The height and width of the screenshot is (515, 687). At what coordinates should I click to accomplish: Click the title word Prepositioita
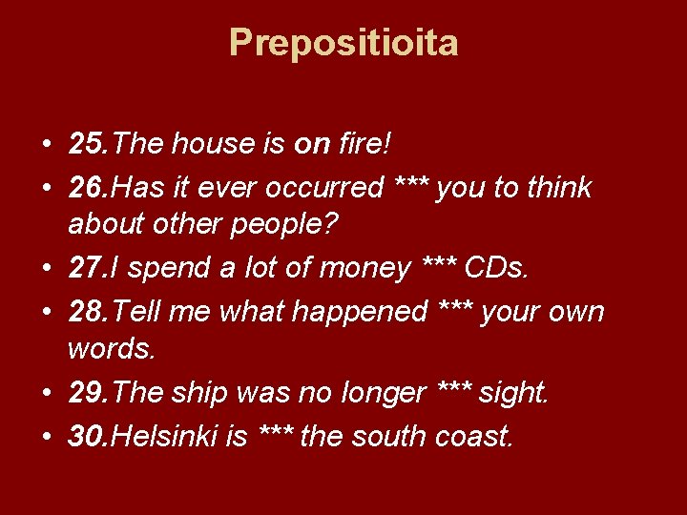(343, 43)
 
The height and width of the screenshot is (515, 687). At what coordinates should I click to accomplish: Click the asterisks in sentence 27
(440, 266)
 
